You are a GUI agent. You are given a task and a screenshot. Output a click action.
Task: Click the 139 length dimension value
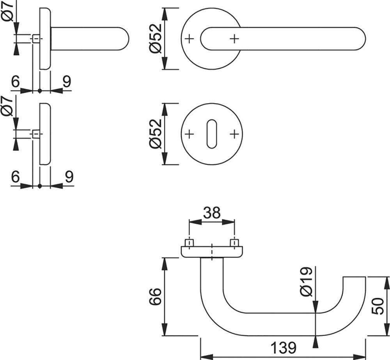[283, 348]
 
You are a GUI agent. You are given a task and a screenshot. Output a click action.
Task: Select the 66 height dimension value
[156, 296]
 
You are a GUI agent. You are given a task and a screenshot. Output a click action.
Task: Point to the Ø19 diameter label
[306, 282]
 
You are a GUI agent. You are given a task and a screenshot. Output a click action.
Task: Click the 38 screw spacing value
[212, 213]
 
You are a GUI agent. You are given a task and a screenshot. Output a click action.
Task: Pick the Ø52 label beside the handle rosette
[156, 39]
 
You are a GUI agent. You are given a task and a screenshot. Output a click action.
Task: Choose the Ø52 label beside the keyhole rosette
[156, 134]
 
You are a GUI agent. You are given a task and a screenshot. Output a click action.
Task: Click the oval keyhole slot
[212, 134]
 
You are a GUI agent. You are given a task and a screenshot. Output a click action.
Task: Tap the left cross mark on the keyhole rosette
[189, 134]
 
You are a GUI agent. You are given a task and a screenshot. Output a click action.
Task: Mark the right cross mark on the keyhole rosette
[234, 134]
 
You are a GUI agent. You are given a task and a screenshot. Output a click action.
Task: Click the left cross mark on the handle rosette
[189, 39]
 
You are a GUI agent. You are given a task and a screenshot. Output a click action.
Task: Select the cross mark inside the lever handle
[234, 39]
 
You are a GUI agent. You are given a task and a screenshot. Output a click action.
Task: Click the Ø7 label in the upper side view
[7, 11]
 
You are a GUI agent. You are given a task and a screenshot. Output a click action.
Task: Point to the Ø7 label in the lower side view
[7, 106]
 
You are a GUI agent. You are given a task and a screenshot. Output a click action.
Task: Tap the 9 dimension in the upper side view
[67, 81]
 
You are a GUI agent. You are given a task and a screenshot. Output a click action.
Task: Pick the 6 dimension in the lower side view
[15, 177]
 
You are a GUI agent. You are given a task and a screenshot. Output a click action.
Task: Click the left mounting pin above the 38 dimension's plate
[189, 243]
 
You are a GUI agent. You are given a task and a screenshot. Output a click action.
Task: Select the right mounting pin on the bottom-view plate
[234, 243]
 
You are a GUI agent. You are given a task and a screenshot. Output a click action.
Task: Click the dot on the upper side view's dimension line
[40, 91]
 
